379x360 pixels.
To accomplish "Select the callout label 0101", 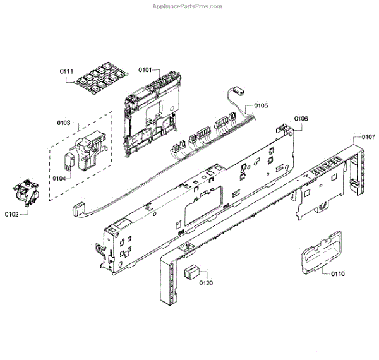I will [x=145, y=71].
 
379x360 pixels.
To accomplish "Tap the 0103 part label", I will [x=65, y=123].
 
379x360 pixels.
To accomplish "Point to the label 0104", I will [x=59, y=179].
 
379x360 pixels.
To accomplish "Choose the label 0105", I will [x=261, y=105].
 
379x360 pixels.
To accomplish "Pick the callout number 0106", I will [x=301, y=119].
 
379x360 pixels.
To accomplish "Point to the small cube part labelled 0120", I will [x=191, y=272].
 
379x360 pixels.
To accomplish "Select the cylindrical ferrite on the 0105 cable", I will [x=238, y=91].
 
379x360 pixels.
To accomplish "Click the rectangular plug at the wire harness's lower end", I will [x=78, y=207].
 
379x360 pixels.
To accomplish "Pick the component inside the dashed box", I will [x=83, y=152].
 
